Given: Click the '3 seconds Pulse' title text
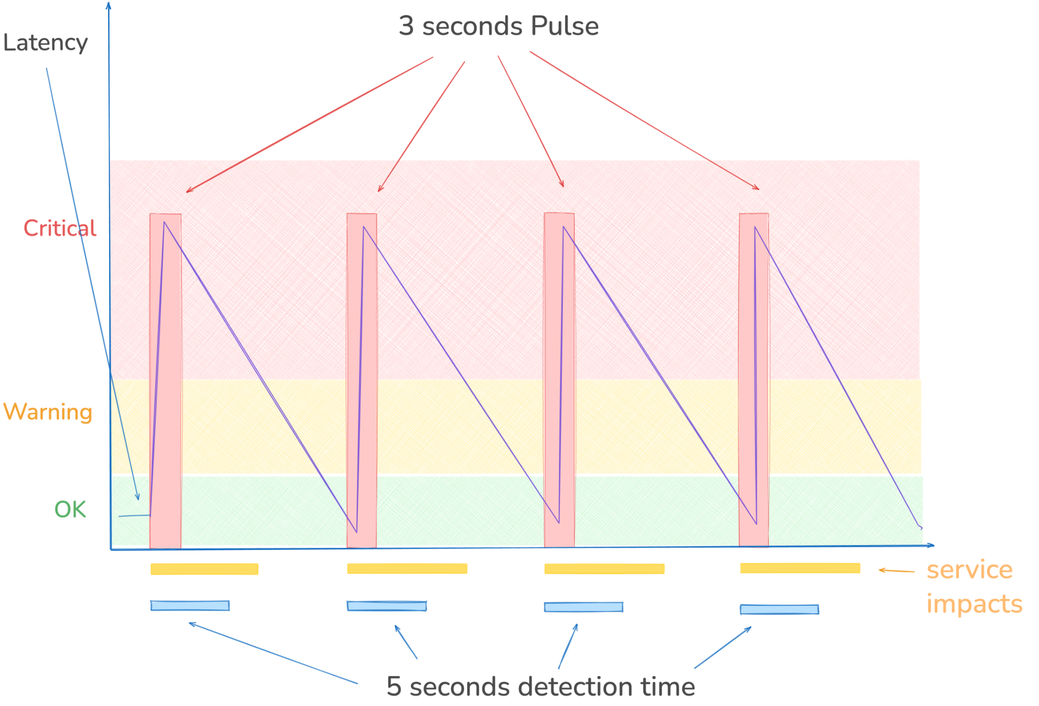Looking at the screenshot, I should (x=498, y=26).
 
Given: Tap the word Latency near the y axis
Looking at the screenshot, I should (x=45, y=43).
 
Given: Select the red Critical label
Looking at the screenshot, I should (x=60, y=229).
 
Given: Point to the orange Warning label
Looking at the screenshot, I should (x=48, y=412).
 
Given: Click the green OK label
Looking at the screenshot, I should (x=70, y=510).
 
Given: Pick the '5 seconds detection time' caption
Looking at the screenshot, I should (x=540, y=686).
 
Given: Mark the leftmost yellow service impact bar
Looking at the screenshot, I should (x=204, y=569).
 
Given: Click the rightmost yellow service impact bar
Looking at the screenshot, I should (x=800, y=568).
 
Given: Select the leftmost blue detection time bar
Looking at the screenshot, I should (x=190, y=605).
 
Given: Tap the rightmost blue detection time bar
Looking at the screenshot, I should (x=779, y=609).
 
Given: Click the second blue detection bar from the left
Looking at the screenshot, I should (x=387, y=606).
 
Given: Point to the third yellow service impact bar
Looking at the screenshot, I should (x=604, y=569).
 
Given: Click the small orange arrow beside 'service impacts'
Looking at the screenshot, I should (x=896, y=570).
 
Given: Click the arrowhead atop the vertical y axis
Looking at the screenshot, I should (x=109, y=5).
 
